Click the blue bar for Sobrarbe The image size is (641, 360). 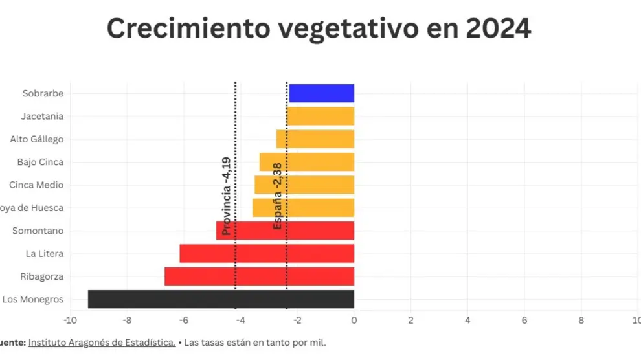click(321, 93)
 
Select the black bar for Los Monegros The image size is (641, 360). click(221, 299)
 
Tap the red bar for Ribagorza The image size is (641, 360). click(259, 276)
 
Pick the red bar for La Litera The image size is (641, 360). click(267, 253)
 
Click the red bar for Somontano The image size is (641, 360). click(285, 231)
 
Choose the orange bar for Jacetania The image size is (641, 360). click(320, 116)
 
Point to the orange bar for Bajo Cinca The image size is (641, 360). click(307, 162)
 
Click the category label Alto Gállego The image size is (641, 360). click(36, 139)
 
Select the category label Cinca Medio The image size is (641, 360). click(36, 185)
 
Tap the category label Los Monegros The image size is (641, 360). click(33, 299)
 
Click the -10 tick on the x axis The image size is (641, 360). click(70, 320)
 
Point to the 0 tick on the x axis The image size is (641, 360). click(354, 320)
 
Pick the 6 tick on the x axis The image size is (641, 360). click(524, 320)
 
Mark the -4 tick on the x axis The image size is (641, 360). click(240, 320)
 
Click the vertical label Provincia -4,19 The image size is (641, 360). click(226, 196)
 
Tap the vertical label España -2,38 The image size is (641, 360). click(278, 196)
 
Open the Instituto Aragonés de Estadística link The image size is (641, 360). click(102, 342)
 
